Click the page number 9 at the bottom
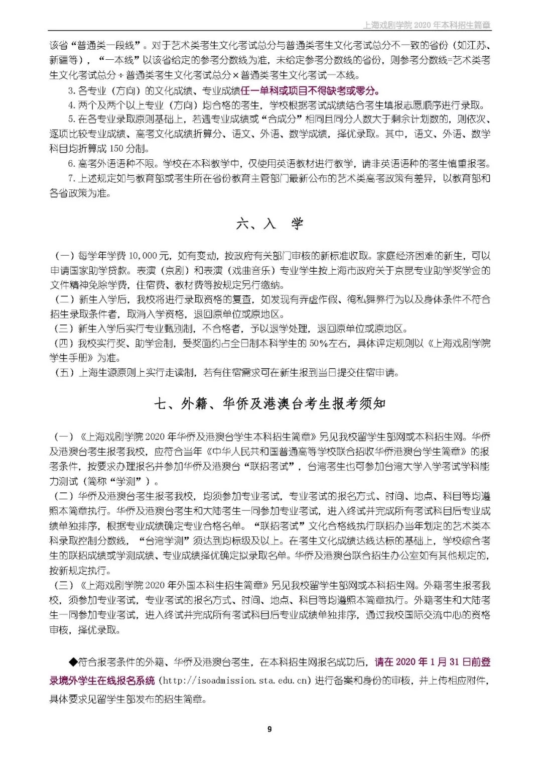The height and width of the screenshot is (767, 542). coord(269,729)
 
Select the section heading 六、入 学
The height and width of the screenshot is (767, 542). coord(269,224)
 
